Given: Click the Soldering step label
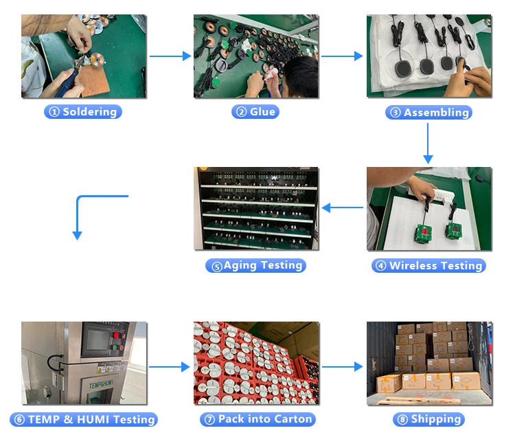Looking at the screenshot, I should (83, 111).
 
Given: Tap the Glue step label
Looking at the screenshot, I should (255, 111).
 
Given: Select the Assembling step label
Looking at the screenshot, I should (429, 113).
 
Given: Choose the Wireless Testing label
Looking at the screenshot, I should (429, 266).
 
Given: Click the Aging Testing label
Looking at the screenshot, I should (255, 265).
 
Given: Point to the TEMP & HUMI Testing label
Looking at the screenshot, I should (83, 419).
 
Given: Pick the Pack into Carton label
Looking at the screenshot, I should (257, 419).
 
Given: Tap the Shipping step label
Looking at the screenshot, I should (428, 419).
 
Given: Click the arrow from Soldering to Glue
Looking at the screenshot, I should (170, 56).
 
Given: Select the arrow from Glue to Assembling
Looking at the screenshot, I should (342, 56).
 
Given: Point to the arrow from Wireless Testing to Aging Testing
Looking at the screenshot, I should (342, 207).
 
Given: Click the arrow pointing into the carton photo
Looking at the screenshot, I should (169, 367).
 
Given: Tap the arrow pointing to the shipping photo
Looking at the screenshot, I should (342, 367).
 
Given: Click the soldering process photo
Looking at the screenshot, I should (83, 56).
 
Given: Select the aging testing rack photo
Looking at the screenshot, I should (256, 208).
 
